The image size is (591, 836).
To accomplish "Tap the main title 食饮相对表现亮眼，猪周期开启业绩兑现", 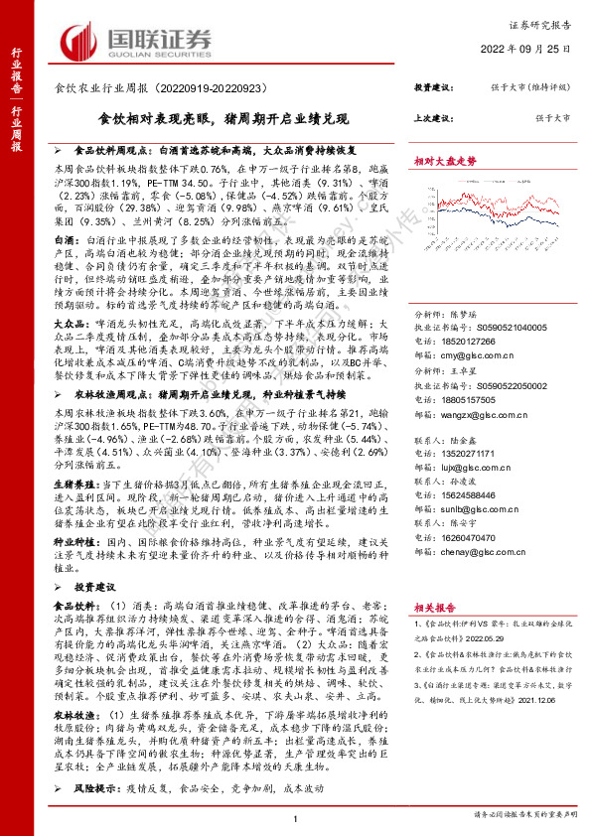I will [x=223, y=118].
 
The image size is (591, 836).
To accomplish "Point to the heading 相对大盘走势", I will [x=445, y=159].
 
